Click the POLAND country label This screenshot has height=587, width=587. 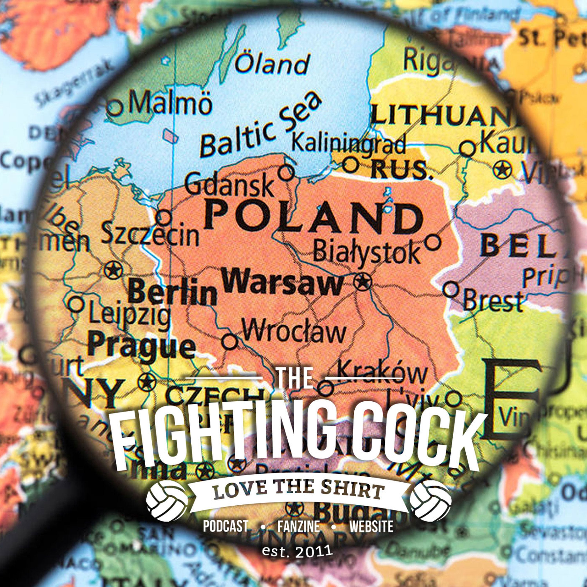pos(313,217)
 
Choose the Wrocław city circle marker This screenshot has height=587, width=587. pos(230,341)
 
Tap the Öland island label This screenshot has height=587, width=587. pos(272,64)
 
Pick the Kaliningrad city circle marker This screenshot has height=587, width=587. pos(351,164)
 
